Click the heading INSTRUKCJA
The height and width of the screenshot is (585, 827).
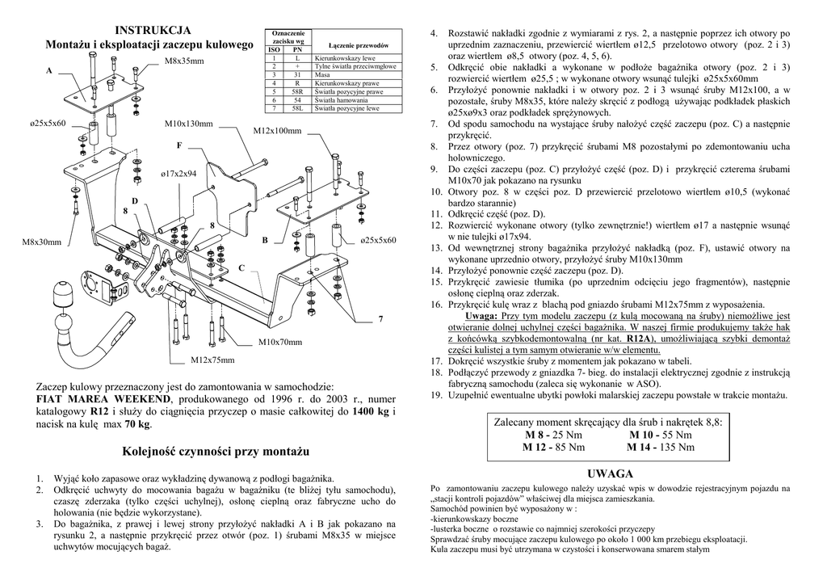point(152,31)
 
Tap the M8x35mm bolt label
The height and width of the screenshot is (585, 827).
point(184,61)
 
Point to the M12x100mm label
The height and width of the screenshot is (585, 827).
point(277,131)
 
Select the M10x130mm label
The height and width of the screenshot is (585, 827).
point(188,124)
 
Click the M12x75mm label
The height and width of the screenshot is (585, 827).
point(212,360)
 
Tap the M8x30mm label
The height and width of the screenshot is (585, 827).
point(42,242)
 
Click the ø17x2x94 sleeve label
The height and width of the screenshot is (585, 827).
point(178,174)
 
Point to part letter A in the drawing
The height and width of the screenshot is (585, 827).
point(48,71)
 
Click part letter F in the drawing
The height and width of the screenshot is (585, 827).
point(179,145)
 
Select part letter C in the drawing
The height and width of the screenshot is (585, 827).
point(241,267)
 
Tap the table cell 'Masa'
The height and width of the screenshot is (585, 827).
point(323,74)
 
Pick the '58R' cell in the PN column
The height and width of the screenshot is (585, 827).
point(296,91)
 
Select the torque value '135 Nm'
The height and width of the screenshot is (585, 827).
point(676,447)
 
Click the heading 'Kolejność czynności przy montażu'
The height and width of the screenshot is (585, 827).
point(217,449)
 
